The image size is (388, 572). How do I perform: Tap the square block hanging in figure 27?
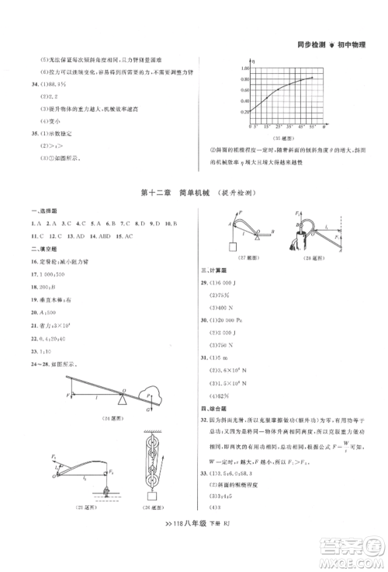coord(230,246)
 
